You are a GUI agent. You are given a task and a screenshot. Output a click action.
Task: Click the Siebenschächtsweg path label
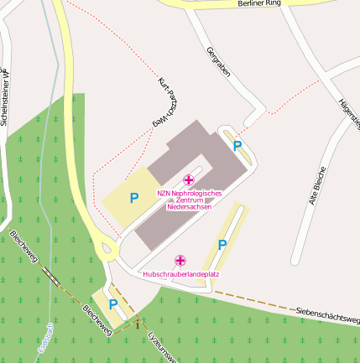click(x=327, y=315)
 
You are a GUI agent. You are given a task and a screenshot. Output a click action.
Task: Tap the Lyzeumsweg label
click(x=161, y=344)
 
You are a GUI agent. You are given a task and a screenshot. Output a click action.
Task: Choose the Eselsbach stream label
click(x=47, y=340)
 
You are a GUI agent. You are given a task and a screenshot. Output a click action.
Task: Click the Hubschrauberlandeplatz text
click(x=181, y=274)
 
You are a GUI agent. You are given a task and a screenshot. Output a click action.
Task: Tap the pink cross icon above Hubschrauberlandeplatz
click(x=180, y=261)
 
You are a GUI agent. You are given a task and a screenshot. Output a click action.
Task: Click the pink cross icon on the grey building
click(x=189, y=179)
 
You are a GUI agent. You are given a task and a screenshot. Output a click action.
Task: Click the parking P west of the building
click(x=133, y=199)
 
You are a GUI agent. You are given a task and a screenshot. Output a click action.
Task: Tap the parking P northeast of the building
click(x=237, y=146)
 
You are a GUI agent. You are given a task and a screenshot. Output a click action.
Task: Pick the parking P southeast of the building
click(x=222, y=245)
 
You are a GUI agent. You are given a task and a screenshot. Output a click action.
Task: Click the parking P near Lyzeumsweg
click(x=113, y=304)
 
